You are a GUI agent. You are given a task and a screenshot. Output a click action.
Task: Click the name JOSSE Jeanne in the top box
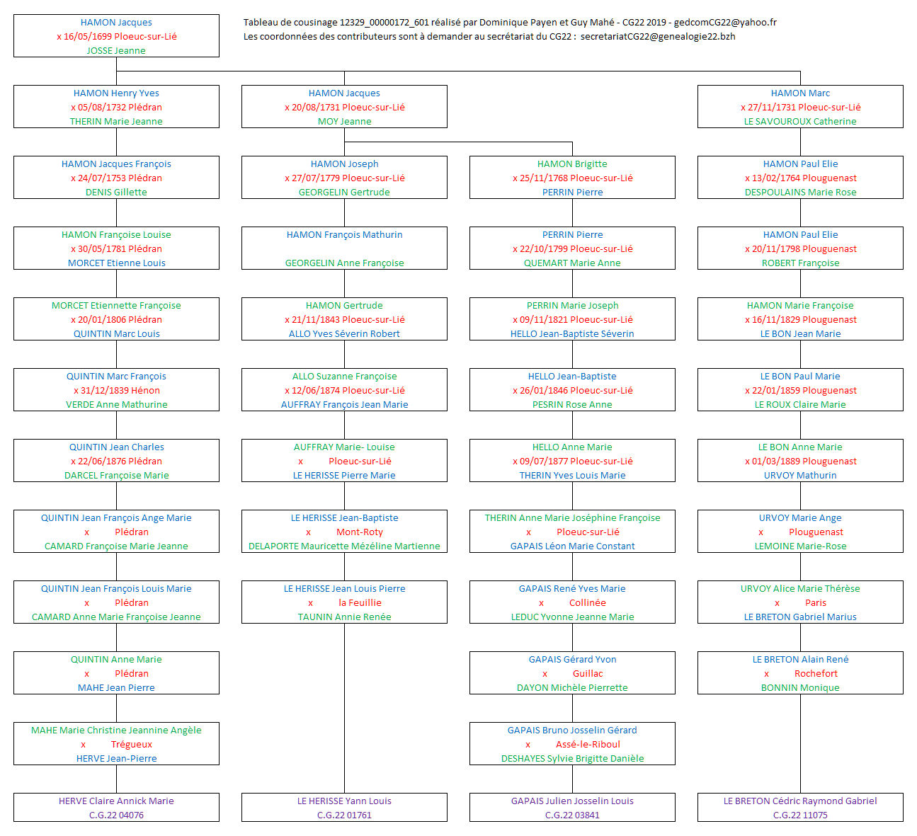click(x=116, y=51)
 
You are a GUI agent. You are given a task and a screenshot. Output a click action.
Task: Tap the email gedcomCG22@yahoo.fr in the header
click(x=725, y=23)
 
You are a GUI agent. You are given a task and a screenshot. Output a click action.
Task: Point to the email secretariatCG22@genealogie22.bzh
click(x=658, y=37)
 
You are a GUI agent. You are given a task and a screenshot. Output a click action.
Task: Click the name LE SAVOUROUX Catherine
click(x=800, y=122)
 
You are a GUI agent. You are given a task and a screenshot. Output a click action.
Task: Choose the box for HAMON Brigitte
click(x=572, y=178)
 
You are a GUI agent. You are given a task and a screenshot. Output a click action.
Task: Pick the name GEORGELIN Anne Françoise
click(x=344, y=263)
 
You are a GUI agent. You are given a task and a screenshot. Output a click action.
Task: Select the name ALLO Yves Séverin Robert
click(x=344, y=334)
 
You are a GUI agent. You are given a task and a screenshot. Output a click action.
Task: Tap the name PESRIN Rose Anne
click(x=572, y=405)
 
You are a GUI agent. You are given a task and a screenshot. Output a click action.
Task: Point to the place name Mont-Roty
click(x=360, y=532)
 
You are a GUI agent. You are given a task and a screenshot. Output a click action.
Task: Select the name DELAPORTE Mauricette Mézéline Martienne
click(x=344, y=546)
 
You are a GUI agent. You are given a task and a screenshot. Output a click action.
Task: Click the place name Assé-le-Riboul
click(x=588, y=745)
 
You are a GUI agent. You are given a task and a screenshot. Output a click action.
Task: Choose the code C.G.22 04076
click(x=116, y=815)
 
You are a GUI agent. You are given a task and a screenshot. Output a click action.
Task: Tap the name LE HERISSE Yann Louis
click(x=344, y=801)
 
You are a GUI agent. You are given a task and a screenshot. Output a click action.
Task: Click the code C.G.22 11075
click(x=800, y=815)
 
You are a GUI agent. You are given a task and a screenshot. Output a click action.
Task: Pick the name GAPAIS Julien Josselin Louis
click(x=572, y=801)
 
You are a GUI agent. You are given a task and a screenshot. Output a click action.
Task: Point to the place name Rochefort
click(x=816, y=674)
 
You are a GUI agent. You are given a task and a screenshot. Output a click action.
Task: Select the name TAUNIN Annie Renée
click(x=344, y=617)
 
